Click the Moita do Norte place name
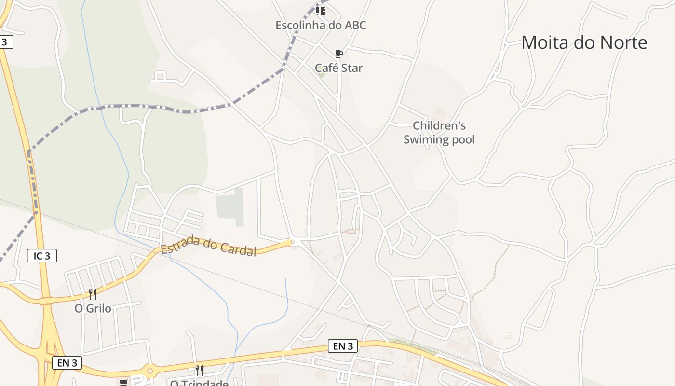[584, 42]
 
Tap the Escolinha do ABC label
[321, 25]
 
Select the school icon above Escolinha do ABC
[320, 11]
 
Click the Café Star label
[338, 68]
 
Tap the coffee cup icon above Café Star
[338, 54]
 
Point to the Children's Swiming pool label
[439, 133]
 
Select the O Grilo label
[93, 308]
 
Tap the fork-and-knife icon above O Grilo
[93, 294]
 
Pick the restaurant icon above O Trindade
[199, 370]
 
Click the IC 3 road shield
[42, 256]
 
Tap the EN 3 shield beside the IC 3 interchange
[67, 363]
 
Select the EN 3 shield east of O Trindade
[343, 346]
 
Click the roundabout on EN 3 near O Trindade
[150, 371]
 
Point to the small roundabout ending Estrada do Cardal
[292, 242]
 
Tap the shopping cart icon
[124, 382]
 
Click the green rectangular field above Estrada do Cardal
[230, 207]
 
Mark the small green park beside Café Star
[322, 74]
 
